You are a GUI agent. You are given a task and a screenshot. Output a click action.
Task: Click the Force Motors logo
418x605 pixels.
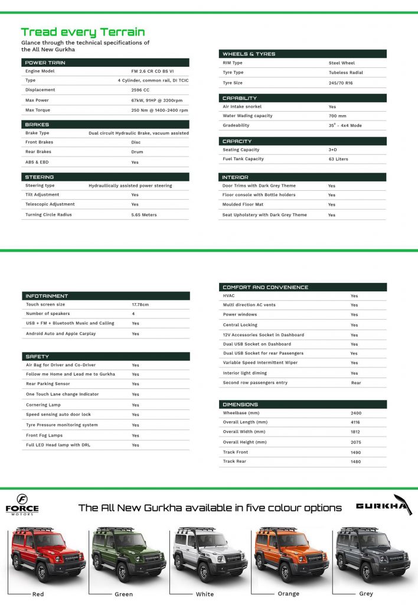[x=22, y=505]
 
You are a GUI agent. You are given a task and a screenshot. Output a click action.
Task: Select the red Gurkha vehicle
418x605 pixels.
[x=48, y=555]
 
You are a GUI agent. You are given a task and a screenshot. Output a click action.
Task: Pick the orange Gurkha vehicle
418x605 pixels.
[x=291, y=555]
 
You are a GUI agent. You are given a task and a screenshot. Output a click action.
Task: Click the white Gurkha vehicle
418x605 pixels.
[x=210, y=555]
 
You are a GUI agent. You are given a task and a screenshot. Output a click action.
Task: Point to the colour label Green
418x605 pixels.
[x=124, y=594]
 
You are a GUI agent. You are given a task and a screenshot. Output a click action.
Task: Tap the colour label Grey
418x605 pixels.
[x=366, y=593]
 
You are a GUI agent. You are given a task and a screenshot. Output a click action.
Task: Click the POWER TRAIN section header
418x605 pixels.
[x=45, y=62]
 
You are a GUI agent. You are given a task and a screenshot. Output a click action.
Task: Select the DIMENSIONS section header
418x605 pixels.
[x=240, y=405]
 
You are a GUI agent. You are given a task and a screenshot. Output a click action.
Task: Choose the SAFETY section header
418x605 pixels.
[x=38, y=356]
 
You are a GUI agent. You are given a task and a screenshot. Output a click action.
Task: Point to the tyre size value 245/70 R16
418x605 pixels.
[x=343, y=83]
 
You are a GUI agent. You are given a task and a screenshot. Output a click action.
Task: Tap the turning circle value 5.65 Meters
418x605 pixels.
[x=144, y=214]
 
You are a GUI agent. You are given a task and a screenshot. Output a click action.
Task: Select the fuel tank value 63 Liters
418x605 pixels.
[x=339, y=159]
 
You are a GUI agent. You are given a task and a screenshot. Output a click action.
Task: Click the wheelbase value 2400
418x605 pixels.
[x=355, y=413]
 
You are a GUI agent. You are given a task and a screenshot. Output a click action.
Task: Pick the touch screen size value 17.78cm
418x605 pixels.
[x=141, y=304]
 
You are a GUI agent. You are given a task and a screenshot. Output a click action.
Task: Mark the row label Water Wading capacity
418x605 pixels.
[x=247, y=116]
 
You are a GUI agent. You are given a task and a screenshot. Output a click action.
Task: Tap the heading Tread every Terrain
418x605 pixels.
[x=83, y=32]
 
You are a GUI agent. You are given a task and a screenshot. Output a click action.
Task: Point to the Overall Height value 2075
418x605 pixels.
[x=355, y=442]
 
